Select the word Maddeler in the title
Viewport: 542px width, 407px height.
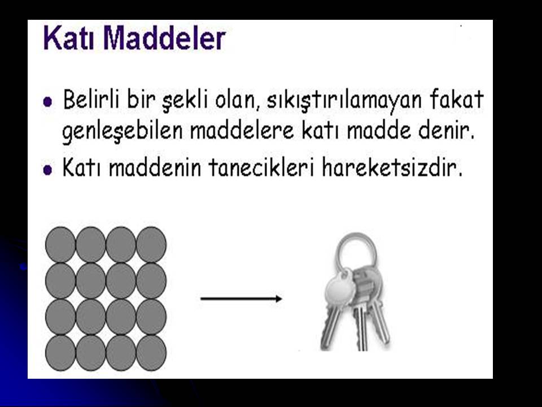point(164,38)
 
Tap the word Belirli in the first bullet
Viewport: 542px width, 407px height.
point(91,99)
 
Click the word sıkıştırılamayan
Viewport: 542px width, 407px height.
point(345,101)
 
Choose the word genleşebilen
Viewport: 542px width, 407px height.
point(123,132)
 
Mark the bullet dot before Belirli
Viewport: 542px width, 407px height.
point(48,102)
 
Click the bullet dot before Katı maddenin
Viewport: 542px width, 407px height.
point(48,170)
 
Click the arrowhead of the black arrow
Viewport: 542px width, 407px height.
point(278,298)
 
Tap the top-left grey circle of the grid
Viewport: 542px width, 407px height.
point(60,245)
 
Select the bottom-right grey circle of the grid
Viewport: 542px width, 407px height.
point(151,353)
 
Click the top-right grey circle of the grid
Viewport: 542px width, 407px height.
point(151,245)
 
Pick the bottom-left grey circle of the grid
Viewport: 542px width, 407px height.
point(60,353)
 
